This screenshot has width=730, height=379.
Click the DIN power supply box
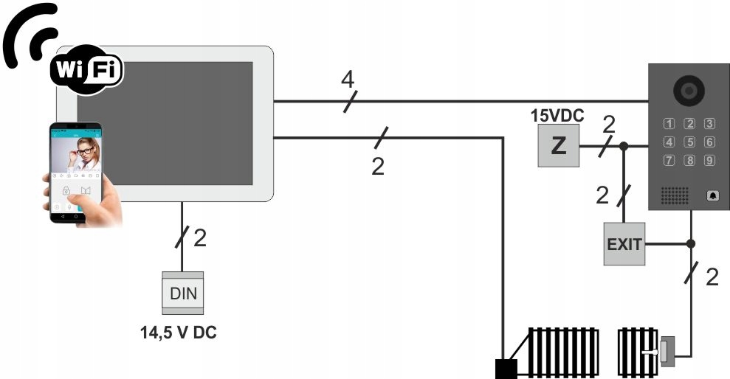tap(183, 293)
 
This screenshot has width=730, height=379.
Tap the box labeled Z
tap(558, 146)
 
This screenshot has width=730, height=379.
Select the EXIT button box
tap(624, 244)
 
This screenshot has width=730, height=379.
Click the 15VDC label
tap(557, 116)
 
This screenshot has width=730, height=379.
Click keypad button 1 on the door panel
tap(669, 124)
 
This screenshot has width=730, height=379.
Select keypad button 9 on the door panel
tap(709, 160)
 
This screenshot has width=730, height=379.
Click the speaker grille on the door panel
tap(674, 195)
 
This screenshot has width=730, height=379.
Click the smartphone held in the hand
tap(76, 173)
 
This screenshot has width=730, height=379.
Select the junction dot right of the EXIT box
tap(691, 243)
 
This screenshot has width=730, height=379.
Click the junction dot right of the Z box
tap(624, 146)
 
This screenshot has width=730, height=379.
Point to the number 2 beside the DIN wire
tap(200, 237)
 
